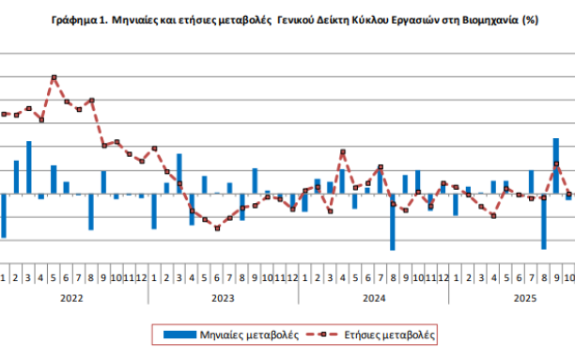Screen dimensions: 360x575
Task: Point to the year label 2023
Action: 223,298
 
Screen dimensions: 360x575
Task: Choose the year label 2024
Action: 373,298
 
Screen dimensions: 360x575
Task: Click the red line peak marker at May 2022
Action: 54,78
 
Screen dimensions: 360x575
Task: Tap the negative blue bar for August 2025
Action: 543,221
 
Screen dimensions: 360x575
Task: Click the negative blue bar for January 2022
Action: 4,215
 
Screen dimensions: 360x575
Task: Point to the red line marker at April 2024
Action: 343,151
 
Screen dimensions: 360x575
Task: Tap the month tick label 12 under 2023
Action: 292,278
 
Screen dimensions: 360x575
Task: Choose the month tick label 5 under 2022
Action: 54,278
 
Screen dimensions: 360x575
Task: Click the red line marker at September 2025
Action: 556,164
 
